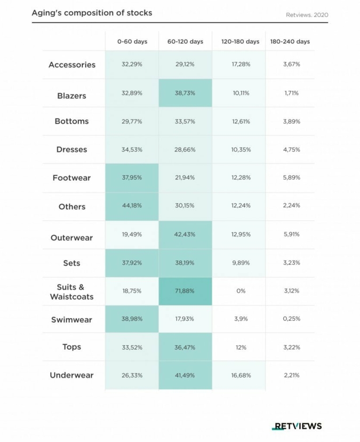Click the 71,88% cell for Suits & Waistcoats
pos(185,291)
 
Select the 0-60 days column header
pos(132,42)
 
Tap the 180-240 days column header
pos(290,42)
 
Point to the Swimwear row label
pos(71,320)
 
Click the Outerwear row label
pos(71,238)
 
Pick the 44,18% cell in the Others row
pos(132,207)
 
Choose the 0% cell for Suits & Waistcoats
pos(241,291)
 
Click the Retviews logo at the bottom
pos(297,426)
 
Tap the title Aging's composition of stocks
pos(92,13)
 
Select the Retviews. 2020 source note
pos(307,14)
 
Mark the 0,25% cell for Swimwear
pos(292,319)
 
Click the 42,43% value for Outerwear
pos(185,235)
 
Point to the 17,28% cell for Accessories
pos(241,64)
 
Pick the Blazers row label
pos(71,96)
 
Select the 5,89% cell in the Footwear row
pos(292,178)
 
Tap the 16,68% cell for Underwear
pos(241,375)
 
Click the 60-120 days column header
pos(185,42)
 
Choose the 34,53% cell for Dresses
pos(132,149)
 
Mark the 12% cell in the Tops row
pos(241,348)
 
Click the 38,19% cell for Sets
pos(185,263)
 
